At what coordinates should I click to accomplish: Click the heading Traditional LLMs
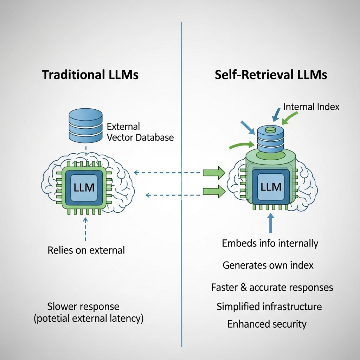click(x=90, y=75)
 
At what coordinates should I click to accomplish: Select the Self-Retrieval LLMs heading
click(x=271, y=75)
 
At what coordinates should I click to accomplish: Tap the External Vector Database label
click(x=140, y=132)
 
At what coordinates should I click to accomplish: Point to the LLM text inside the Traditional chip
click(x=84, y=187)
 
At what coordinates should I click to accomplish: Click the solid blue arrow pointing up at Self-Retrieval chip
click(x=270, y=224)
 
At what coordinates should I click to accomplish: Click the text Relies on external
click(x=86, y=250)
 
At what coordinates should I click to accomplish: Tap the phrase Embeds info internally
click(x=270, y=243)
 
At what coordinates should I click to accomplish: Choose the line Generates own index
click(x=268, y=265)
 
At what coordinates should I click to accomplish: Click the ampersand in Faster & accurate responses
click(x=243, y=287)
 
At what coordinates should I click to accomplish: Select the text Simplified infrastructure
click(x=269, y=306)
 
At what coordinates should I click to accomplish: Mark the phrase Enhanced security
click(x=267, y=324)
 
